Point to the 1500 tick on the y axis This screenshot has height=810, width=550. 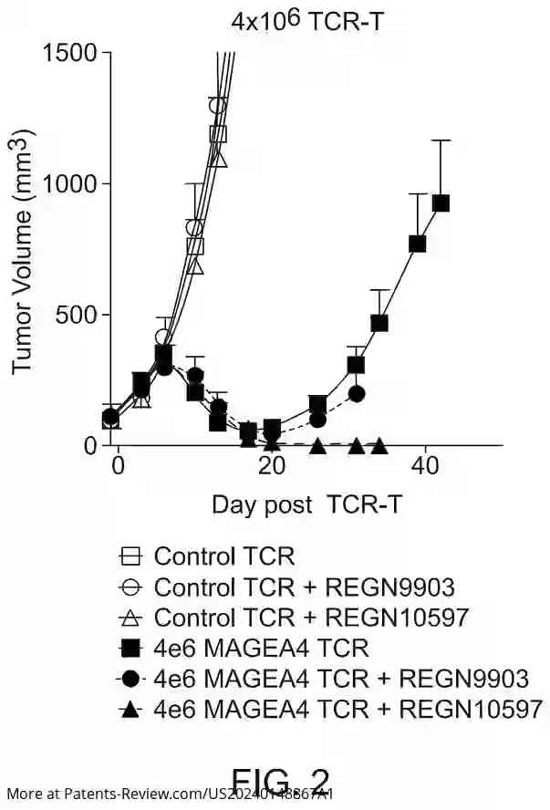70,52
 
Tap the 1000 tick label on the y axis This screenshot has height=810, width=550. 70,183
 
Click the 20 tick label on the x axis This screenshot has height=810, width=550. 271,464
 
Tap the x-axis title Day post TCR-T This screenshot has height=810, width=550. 303,505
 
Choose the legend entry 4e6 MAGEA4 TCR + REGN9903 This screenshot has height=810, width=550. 341,678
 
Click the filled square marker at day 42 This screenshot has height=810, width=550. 441,202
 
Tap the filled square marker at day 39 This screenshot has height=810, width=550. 418,244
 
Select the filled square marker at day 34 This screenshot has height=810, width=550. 379,323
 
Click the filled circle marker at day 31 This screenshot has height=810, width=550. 357,394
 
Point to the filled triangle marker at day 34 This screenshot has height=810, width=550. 379,445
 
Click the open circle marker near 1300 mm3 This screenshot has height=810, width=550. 217,105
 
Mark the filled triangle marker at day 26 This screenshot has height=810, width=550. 317,445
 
